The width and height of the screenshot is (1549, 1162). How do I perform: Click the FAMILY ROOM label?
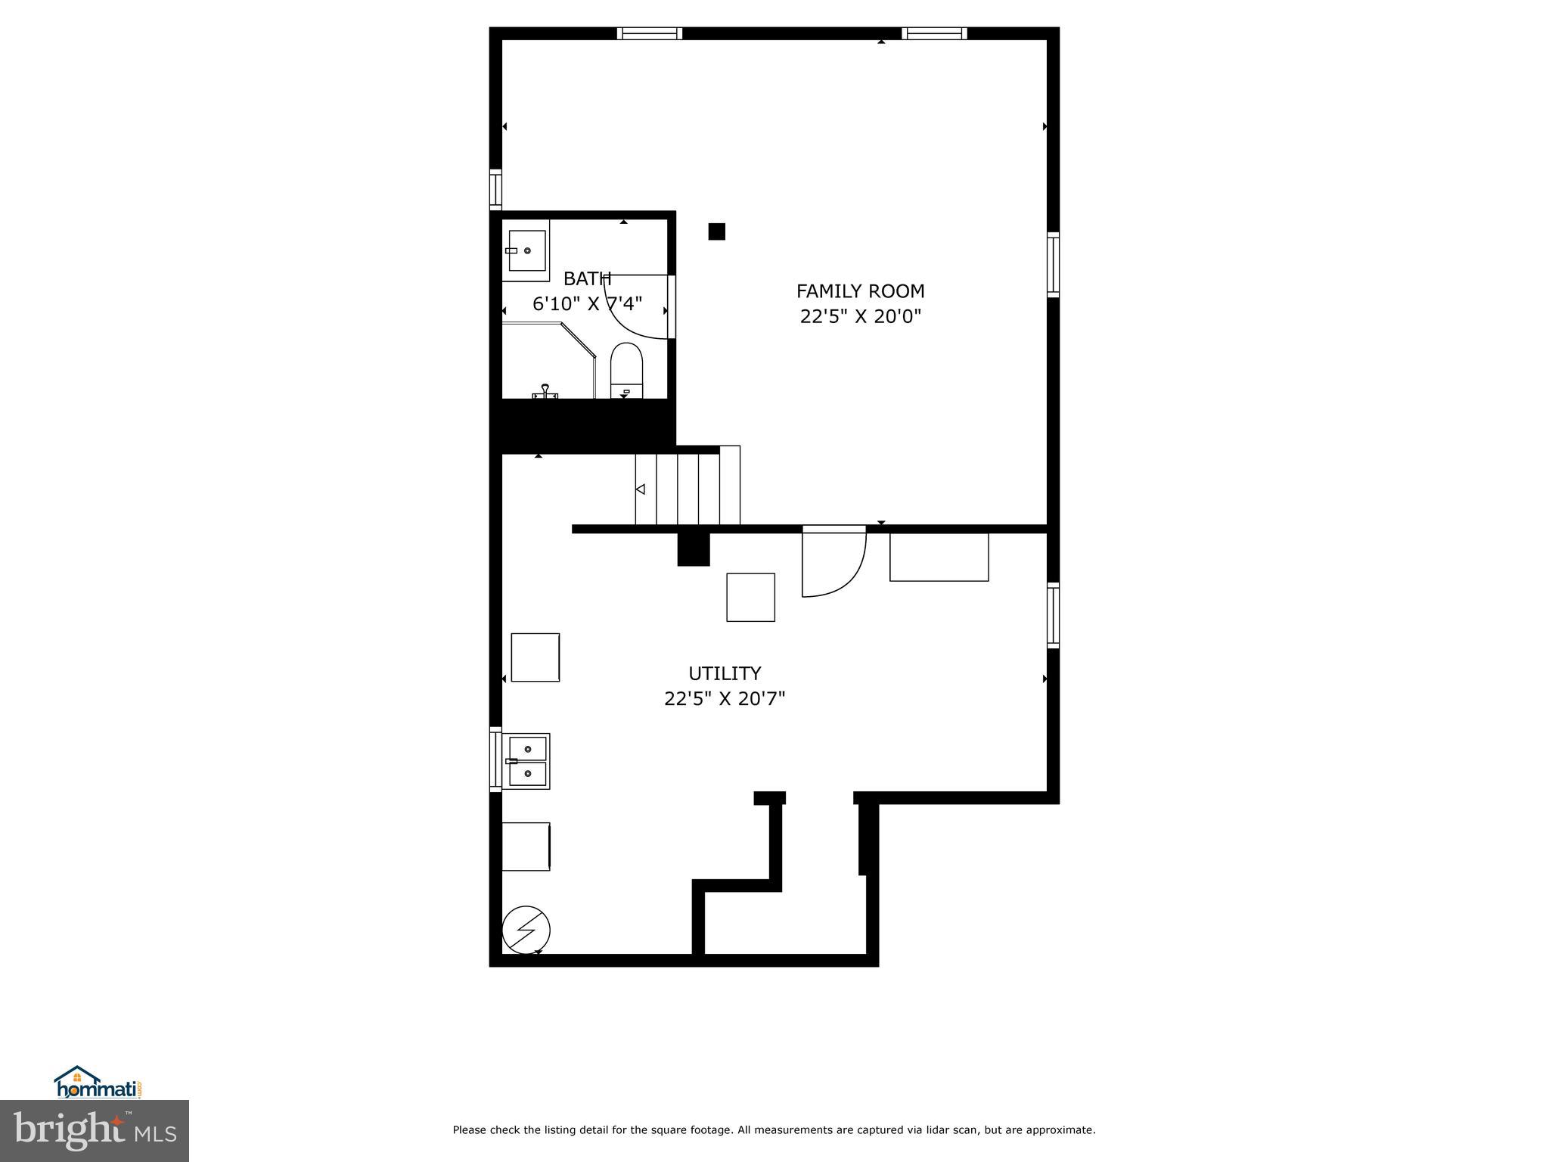tap(860, 291)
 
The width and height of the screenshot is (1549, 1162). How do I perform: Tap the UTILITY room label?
tap(725, 673)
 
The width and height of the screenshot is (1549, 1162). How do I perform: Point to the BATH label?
tap(587, 279)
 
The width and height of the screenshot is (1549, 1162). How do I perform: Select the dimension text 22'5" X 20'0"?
tap(861, 316)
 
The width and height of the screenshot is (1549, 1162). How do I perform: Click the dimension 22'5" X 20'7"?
tap(725, 698)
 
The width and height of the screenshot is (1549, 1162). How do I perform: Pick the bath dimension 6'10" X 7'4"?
tap(587, 304)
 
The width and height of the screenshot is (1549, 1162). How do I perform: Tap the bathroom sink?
tap(526, 250)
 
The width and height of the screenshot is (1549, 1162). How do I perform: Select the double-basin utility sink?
tap(526, 761)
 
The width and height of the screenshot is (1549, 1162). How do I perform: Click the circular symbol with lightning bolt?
tap(526, 930)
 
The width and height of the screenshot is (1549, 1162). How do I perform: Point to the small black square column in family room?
tap(716, 231)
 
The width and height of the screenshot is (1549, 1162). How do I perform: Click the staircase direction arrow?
tap(640, 489)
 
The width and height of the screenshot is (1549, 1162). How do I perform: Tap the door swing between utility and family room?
tap(833, 564)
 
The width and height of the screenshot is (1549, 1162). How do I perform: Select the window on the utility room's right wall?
tap(1053, 615)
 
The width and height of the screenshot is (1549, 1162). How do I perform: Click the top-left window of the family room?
tap(649, 33)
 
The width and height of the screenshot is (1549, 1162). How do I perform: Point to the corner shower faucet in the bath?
tap(545, 391)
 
